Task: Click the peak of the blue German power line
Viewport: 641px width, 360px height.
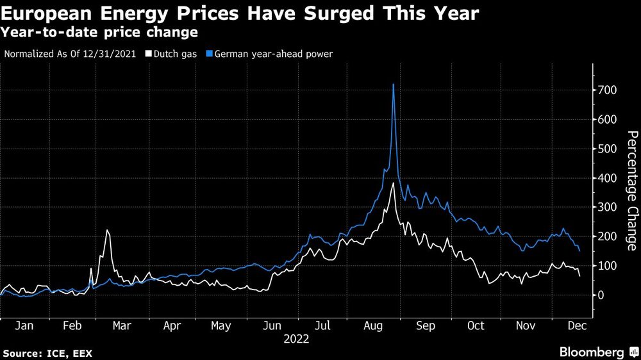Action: pyautogui.click(x=393, y=85)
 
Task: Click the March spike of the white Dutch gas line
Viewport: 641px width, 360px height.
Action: pyautogui.click(x=107, y=231)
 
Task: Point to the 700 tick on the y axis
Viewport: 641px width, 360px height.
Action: pyautogui.click(x=608, y=90)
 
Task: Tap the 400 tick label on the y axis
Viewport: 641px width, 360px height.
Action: pyautogui.click(x=608, y=178)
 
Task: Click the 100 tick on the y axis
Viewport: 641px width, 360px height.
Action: pyautogui.click(x=608, y=266)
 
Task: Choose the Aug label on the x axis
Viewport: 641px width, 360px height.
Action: pyautogui.click(x=375, y=325)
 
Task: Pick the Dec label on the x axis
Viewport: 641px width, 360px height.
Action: pyautogui.click(x=574, y=325)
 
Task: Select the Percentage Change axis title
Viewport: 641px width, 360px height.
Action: pyautogui.click(x=631, y=190)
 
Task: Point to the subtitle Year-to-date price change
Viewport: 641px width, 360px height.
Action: pyautogui.click(x=100, y=31)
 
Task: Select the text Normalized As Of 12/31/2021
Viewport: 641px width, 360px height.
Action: pyautogui.click(x=71, y=54)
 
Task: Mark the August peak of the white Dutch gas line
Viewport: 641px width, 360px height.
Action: pyautogui.click(x=393, y=184)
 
